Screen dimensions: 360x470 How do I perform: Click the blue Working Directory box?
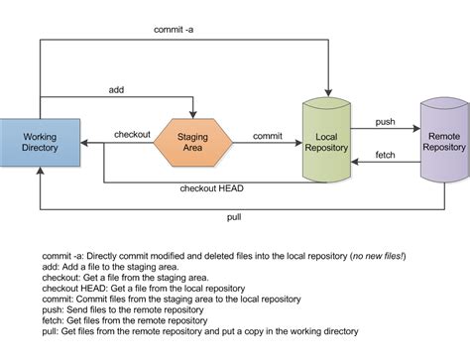[39, 141]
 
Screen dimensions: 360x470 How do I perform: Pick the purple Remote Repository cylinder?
[442, 138]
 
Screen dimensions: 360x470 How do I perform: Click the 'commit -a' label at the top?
[175, 30]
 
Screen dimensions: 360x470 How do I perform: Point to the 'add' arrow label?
[116, 90]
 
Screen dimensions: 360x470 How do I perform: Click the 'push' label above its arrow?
[386, 121]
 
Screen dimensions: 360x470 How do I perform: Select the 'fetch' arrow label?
[386, 155]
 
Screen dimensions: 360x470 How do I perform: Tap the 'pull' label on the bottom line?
[234, 214]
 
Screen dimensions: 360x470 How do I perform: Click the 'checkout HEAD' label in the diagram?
[210, 188]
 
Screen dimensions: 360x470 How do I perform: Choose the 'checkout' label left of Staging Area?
[132, 134]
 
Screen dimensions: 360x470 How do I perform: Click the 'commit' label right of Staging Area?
[268, 134]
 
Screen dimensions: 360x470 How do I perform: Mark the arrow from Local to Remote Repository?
[386, 131]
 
